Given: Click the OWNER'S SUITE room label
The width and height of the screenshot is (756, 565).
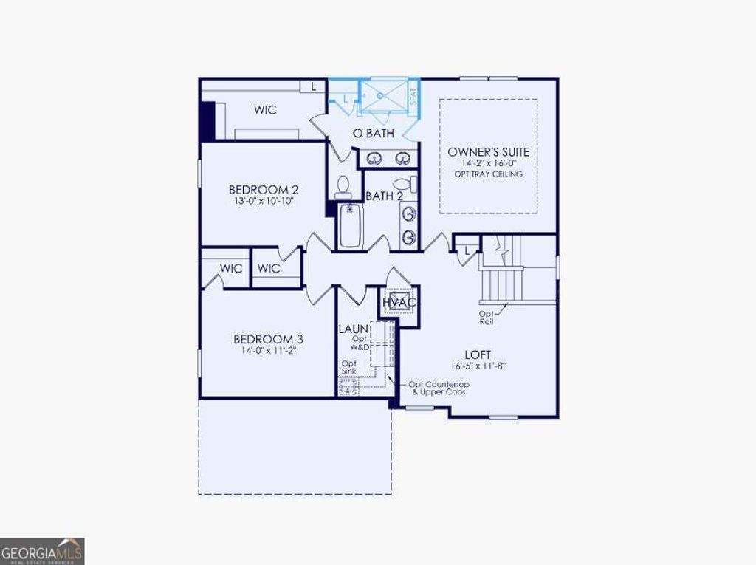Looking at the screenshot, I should (x=488, y=152).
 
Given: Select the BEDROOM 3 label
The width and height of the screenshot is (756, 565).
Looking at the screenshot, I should (x=268, y=339).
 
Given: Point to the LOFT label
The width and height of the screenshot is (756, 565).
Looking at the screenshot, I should (x=478, y=355).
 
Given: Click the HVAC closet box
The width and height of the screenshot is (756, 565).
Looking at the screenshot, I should (x=399, y=302).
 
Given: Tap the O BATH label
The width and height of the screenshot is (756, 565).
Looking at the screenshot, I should (x=373, y=134).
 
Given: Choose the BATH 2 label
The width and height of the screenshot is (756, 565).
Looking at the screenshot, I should (x=384, y=196).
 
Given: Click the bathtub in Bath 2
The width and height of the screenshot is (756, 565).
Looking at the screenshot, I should (x=350, y=225).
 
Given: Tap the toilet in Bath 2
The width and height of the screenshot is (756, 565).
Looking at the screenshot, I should (x=343, y=187).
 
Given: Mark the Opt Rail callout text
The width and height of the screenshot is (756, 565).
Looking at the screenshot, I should (x=487, y=318).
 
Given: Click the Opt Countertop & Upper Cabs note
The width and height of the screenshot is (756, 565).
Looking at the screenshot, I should (x=439, y=388).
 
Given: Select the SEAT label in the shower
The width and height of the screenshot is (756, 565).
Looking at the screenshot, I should (x=413, y=96).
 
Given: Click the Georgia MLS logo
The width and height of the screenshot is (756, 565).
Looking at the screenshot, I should (x=42, y=551).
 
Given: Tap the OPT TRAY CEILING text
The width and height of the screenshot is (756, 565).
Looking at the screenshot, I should (x=489, y=174).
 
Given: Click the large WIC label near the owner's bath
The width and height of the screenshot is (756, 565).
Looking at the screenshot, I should (x=266, y=110).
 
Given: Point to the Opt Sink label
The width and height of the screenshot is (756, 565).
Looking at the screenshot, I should (x=349, y=368).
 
